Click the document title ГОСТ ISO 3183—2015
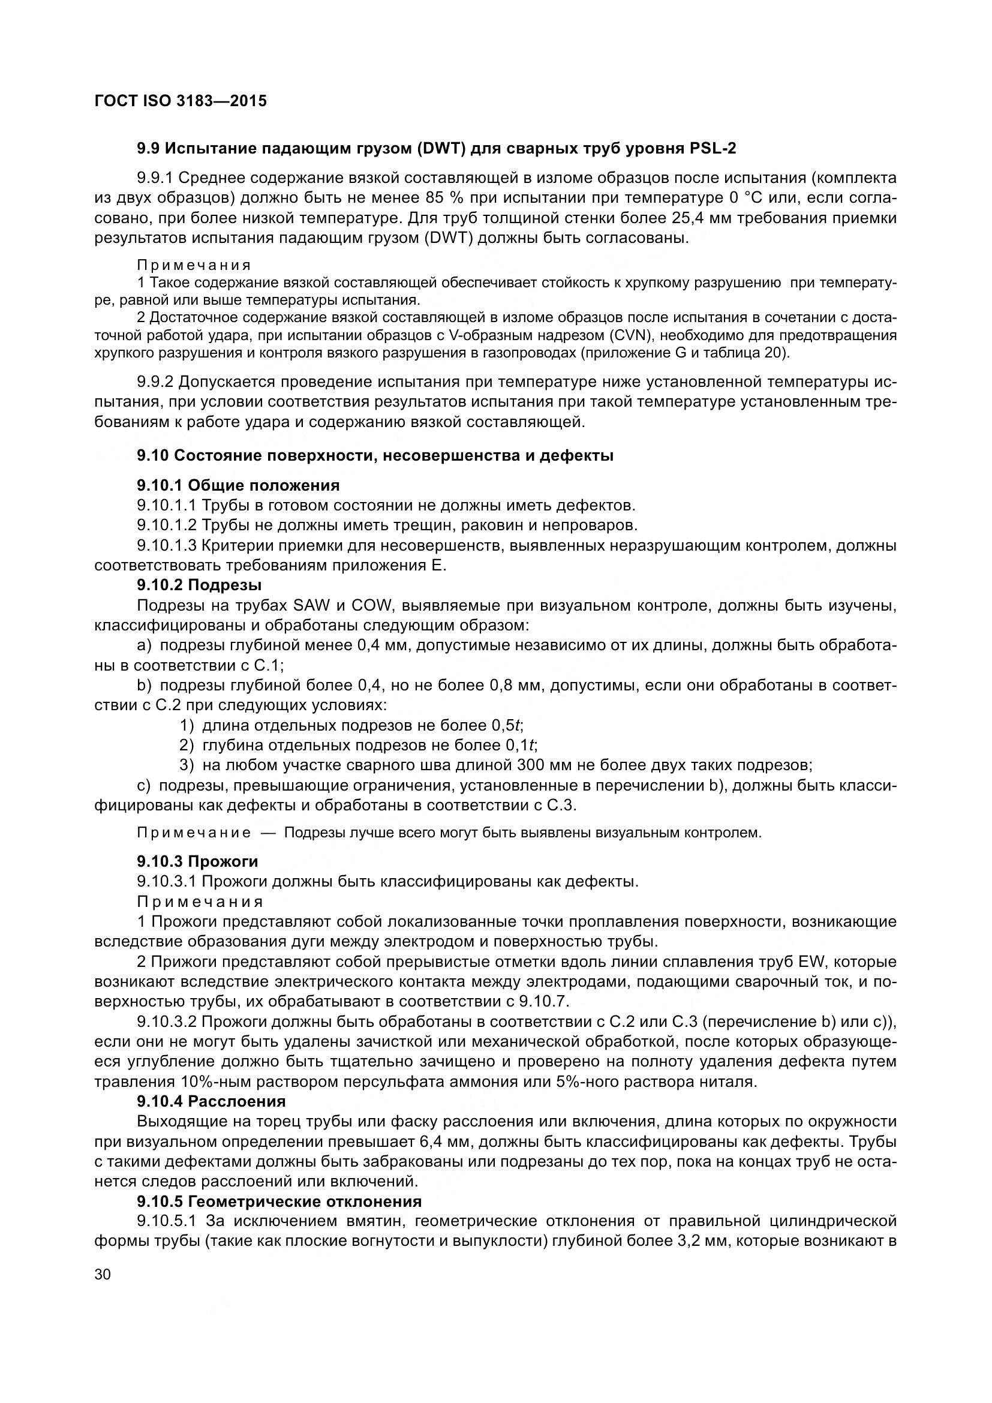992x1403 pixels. [181, 101]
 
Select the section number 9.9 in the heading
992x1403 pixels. [148, 149]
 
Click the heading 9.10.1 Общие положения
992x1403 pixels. [238, 485]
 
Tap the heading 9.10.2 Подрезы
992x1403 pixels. [199, 585]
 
